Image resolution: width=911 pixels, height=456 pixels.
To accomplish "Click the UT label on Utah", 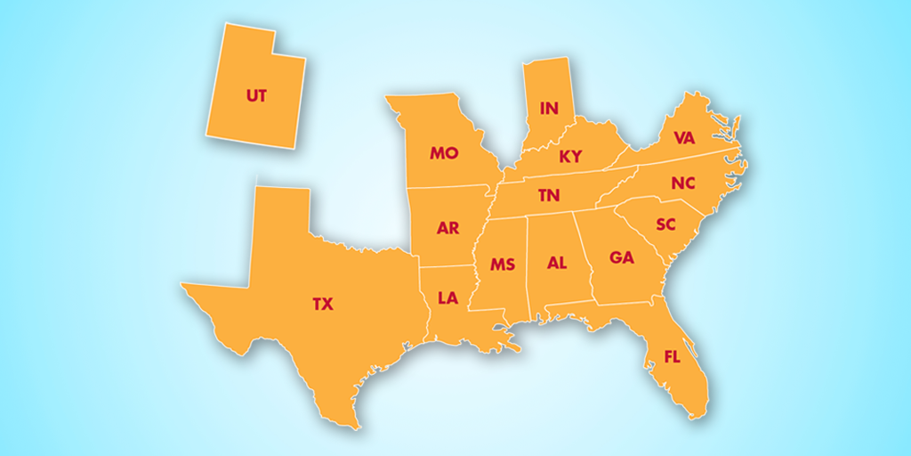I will pyautogui.click(x=256, y=95).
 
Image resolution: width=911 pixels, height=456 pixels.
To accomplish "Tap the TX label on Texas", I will pyautogui.click(x=322, y=305).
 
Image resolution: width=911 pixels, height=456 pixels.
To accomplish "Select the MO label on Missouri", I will pyautogui.click(x=444, y=153).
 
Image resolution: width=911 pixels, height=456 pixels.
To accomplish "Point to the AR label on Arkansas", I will pyautogui.click(x=447, y=228).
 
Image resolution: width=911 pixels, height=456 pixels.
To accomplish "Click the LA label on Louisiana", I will pyautogui.click(x=447, y=297).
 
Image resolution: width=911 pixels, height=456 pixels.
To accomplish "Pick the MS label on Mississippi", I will pyautogui.click(x=503, y=265).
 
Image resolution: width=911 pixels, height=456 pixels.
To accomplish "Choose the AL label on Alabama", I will pyautogui.click(x=557, y=264).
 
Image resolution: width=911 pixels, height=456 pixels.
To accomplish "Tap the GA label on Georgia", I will pyautogui.click(x=622, y=257).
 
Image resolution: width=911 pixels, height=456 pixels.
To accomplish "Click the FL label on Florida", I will pyautogui.click(x=673, y=357).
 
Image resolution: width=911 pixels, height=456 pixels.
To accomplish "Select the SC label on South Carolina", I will pyautogui.click(x=666, y=224).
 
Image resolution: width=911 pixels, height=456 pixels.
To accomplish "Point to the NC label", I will pyautogui.click(x=683, y=183).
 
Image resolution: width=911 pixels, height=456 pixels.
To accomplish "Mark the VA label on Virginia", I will pyautogui.click(x=684, y=138).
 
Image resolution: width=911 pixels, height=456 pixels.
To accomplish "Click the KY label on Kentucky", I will pyautogui.click(x=570, y=157).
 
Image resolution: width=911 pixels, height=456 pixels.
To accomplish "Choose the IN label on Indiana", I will pyautogui.click(x=549, y=109).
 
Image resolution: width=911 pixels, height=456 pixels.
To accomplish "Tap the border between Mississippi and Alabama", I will pyautogui.click(x=528, y=267).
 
